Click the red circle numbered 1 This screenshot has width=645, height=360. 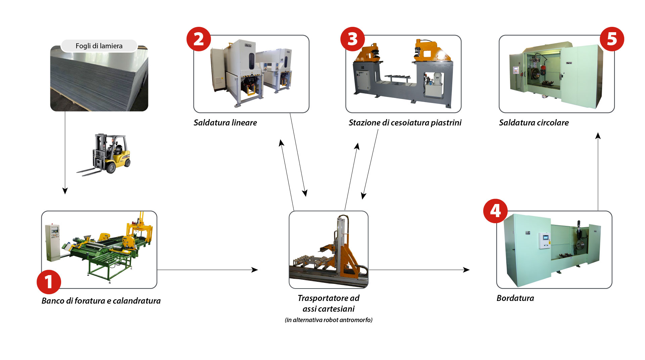click(x=49, y=282)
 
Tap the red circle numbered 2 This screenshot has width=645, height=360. click(x=199, y=39)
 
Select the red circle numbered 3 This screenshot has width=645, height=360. click(x=353, y=39)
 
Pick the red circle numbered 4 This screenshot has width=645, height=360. click(x=495, y=211)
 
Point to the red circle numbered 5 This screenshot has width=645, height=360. click(x=612, y=39)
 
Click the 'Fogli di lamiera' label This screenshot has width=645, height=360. click(x=99, y=46)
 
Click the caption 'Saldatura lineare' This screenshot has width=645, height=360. click(x=225, y=123)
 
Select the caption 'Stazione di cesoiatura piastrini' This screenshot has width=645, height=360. click(x=405, y=123)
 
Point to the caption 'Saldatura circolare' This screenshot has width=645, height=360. click(x=534, y=123)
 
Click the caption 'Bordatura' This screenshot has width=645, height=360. click(x=515, y=298)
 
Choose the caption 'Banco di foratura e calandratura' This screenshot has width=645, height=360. click(x=101, y=301)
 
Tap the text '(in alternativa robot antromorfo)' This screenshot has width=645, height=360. click(x=328, y=320)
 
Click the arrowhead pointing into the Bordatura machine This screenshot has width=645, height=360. click(x=466, y=270)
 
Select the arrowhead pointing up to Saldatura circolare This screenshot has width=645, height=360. click(x=598, y=136)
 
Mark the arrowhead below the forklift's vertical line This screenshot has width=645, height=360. click(x=65, y=191)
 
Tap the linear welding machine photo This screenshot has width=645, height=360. click(x=251, y=74)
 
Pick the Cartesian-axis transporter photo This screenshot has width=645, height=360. click(x=328, y=250)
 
